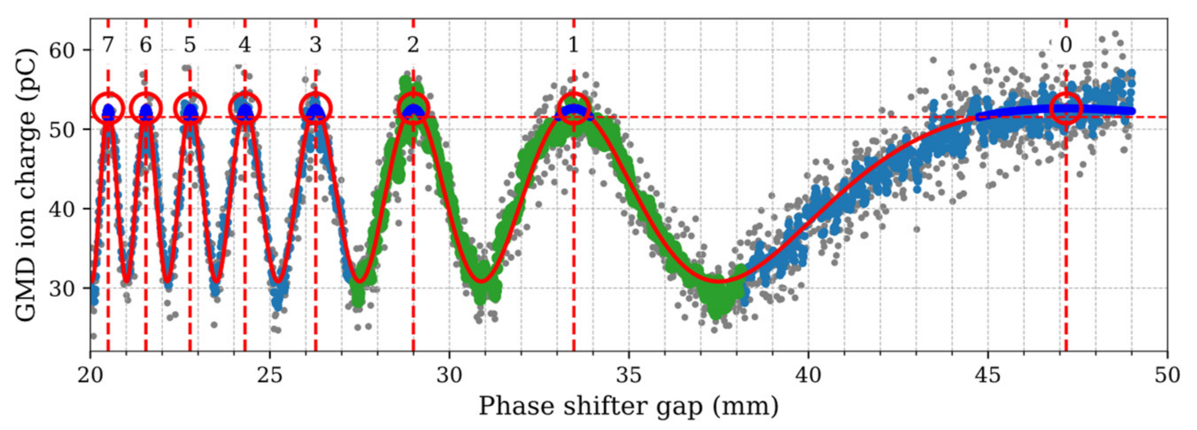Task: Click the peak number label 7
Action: (108, 45)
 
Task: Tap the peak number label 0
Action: (1066, 45)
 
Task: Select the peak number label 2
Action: (413, 45)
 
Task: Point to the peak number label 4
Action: (244, 45)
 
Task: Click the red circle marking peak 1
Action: (574, 108)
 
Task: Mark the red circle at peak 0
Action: (1066, 108)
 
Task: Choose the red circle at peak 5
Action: (190, 108)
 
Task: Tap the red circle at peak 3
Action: (315, 108)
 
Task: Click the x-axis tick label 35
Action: (629, 375)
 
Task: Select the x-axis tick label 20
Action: (90, 375)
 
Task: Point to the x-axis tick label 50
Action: (1167, 375)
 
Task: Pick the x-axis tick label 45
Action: (988, 375)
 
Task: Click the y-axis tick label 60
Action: (63, 50)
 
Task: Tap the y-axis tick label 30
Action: (63, 288)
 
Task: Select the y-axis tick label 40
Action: (63, 209)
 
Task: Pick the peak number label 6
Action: (145, 45)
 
